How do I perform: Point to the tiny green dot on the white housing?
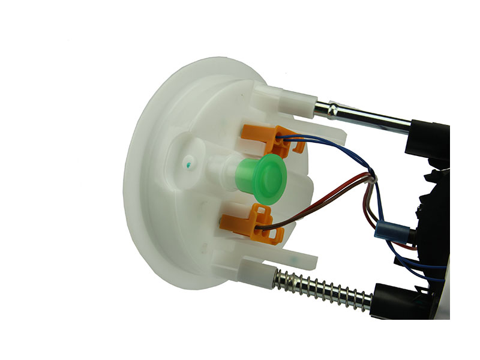tap(190, 163)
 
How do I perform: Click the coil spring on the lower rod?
tap(324, 287)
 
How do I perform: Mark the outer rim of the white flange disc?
tap(135, 180)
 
